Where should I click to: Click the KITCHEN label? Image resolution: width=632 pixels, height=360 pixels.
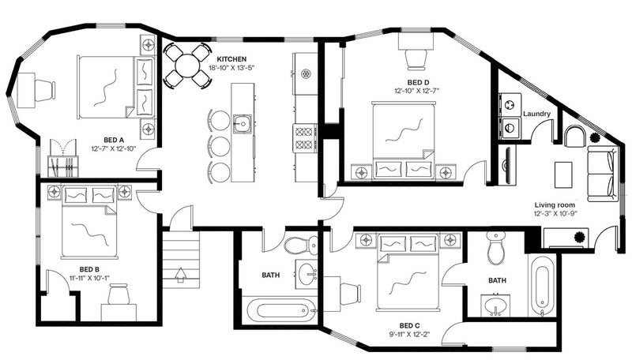[231, 59]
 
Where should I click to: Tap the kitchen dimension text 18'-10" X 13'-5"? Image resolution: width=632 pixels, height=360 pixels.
[231, 68]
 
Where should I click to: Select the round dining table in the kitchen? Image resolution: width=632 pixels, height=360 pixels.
[187, 66]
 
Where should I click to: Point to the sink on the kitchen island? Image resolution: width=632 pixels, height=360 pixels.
[243, 123]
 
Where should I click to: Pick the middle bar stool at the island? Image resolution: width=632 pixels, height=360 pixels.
[220, 146]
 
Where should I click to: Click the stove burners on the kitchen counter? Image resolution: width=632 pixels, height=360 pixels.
[305, 137]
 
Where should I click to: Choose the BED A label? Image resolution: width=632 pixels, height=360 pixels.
[113, 141]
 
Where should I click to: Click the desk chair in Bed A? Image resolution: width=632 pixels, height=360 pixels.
[44, 90]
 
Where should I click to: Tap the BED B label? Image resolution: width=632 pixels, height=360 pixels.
[89, 269]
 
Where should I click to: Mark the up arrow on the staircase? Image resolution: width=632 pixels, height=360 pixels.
[181, 274]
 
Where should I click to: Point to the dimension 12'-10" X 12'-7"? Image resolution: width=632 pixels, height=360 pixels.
[417, 91]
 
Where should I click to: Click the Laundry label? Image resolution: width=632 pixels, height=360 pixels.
[536, 114]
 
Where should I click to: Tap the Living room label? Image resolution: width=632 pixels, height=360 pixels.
[555, 205]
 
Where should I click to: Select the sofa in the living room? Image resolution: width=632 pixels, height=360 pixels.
[602, 174]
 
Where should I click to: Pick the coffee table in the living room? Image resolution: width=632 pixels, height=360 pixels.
[563, 174]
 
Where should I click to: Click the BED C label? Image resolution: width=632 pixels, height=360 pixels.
[409, 325]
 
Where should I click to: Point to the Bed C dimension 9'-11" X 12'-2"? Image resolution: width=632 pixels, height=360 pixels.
[410, 334]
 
